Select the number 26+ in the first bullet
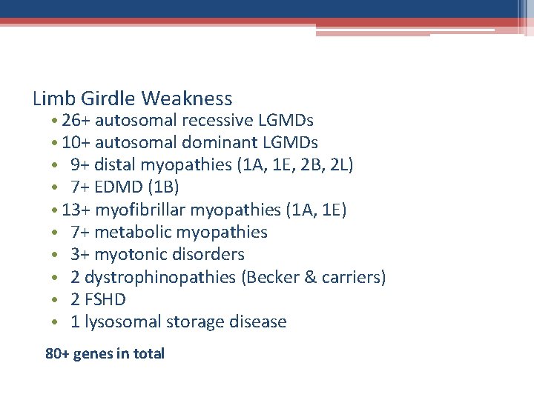tap(76, 120)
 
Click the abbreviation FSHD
tap(106, 300)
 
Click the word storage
tap(192, 322)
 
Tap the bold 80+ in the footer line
tap(58, 354)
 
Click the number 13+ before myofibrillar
tap(76, 210)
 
